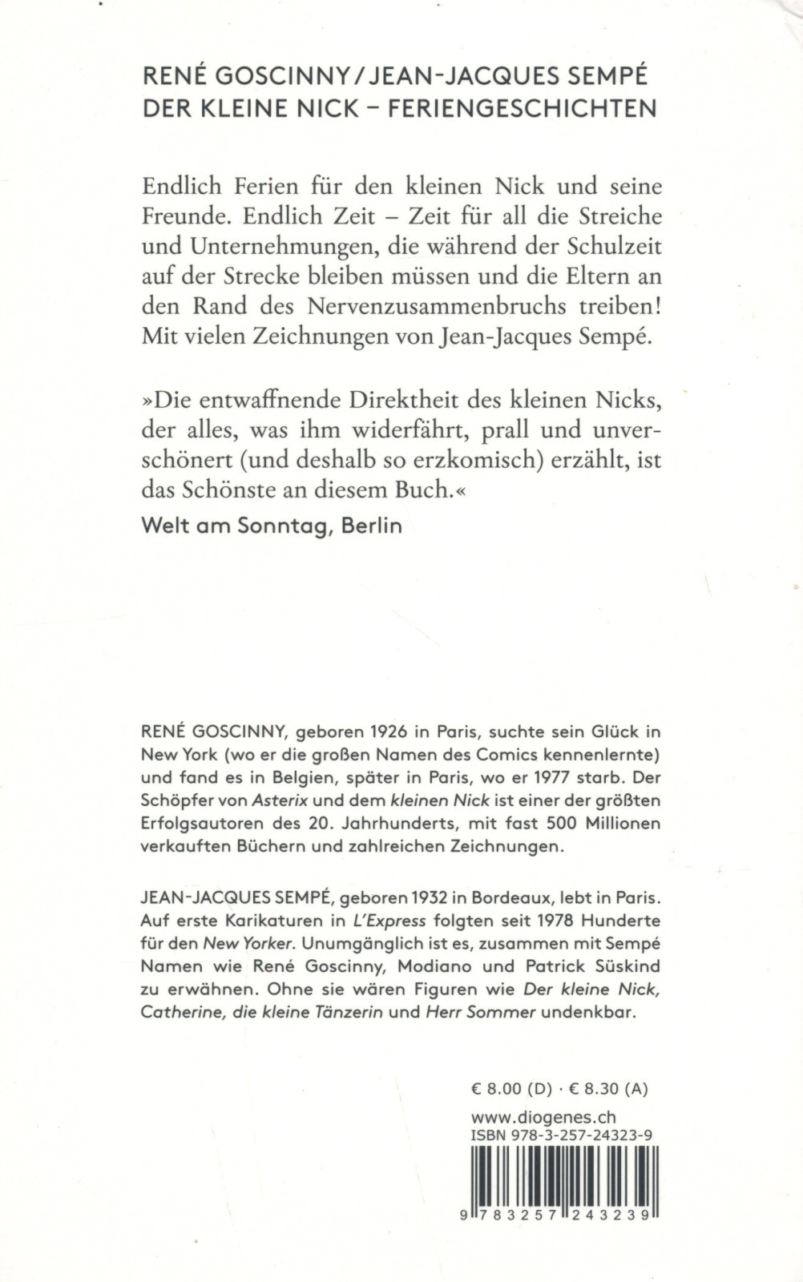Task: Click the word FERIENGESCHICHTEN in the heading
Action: (523, 108)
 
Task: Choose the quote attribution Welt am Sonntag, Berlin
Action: (271, 526)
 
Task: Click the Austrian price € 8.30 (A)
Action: (609, 1089)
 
